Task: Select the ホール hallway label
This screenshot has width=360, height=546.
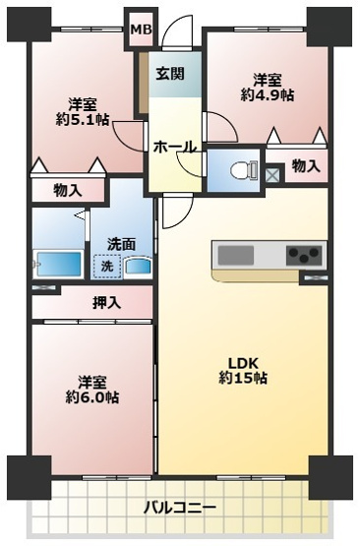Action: (174, 147)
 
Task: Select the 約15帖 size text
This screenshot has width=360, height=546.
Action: (242, 378)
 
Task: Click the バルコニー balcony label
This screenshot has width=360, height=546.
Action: (179, 508)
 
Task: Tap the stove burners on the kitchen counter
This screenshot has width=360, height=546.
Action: (304, 256)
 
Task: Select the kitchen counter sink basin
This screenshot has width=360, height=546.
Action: (235, 256)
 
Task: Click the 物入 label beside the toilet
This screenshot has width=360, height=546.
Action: (306, 167)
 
